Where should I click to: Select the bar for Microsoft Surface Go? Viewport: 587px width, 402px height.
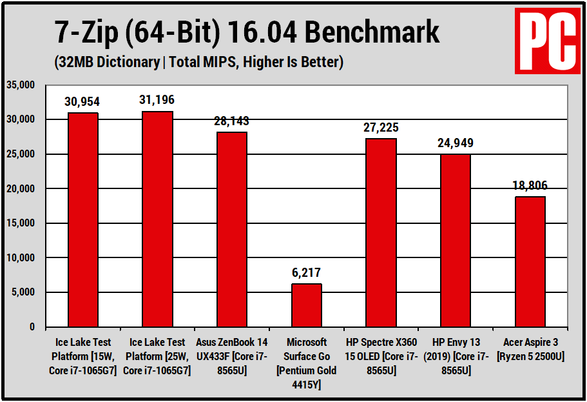(x=307, y=305)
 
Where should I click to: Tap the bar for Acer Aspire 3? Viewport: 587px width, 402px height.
(x=530, y=261)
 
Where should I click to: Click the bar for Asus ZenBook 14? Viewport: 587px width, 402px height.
(x=232, y=229)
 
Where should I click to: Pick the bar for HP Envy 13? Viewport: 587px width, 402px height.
(x=456, y=240)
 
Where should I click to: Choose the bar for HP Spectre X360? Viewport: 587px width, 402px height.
(x=381, y=232)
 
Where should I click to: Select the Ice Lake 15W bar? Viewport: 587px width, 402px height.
(x=83, y=219)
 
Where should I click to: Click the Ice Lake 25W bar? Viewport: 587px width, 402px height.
(x=157, y=219)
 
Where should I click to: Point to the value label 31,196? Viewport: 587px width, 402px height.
(x=157, y=101)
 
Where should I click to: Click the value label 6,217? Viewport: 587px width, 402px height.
(x=307, y=274)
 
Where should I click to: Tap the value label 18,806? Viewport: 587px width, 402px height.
(x=530, y=186)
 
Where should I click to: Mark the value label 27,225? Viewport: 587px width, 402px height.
(x=381, y=128)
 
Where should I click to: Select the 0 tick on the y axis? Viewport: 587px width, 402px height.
(x=32, y=327)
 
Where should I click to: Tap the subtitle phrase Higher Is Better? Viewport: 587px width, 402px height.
(x=296, y=63)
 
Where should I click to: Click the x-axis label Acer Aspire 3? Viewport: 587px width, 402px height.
(x=530, y=349)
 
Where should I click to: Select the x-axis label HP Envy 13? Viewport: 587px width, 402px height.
(x=456, y=356)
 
